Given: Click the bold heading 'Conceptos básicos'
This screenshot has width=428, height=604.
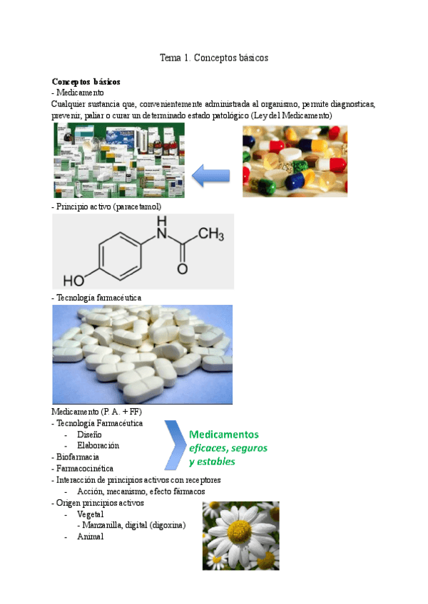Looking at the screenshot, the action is [86, 82].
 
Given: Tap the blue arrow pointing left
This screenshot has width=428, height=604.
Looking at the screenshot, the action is [213, 174].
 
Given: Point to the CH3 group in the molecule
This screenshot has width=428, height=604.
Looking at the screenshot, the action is [211, 234].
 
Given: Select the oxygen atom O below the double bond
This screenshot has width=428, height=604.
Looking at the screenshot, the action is [183, 270].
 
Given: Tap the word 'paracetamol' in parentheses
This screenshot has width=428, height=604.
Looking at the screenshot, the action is [139, 207].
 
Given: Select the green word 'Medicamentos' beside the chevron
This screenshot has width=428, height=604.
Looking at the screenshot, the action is [224, 434].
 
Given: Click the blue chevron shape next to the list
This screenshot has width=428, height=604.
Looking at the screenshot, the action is [175, 446].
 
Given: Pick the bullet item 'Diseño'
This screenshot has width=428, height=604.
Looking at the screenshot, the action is [89, 434].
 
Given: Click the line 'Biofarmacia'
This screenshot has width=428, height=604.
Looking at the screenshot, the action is [77, 457].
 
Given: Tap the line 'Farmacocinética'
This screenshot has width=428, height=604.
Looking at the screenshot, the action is [83, 468].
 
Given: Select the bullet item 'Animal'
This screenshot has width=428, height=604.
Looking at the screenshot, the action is [90, 536].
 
